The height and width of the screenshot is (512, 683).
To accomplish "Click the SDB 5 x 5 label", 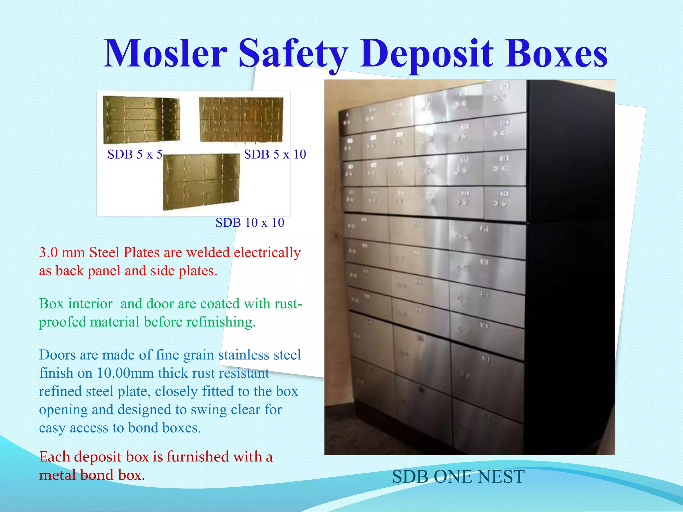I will click(x=135, y=154).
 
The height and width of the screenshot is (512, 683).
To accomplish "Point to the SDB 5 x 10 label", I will click(x=275, y=154).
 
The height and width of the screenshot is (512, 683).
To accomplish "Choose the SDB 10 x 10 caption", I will click(x=250, y=223).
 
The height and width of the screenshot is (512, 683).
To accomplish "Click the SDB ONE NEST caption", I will click(x=458, y=476).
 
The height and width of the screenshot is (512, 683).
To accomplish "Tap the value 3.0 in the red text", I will click(x=48, y=252).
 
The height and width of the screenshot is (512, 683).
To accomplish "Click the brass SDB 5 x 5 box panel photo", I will click(x=141, y=119).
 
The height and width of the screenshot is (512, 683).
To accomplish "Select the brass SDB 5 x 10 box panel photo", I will click(x=241, y=119).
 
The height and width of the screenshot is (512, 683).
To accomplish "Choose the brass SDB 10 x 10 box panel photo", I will click(x=201, y=181).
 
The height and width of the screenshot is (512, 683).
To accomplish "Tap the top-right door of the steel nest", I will click(x=505, y=97).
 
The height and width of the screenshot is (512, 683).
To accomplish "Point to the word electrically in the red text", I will click(x=267, y=252).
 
